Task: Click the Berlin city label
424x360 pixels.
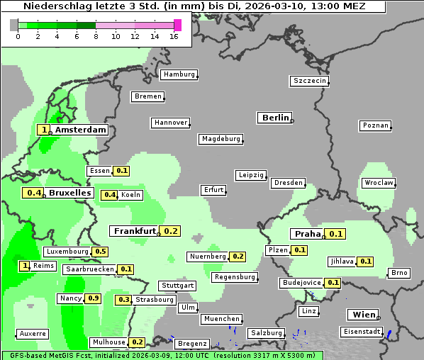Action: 275,118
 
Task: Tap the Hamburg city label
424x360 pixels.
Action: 178,74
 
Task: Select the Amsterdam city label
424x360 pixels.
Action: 80,130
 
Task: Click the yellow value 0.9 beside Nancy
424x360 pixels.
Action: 93,298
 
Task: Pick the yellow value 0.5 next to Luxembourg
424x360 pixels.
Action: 100,252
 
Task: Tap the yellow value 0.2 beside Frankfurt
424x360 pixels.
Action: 170,231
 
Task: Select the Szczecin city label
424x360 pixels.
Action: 310,81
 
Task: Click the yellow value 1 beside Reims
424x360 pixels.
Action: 26,266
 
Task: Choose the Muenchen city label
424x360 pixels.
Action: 221,319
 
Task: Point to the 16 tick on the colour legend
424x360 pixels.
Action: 174,36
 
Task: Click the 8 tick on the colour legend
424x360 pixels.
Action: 96,36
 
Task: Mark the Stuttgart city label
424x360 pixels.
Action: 177,286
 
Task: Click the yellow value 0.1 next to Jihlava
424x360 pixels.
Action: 365,261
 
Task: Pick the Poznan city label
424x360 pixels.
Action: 375,125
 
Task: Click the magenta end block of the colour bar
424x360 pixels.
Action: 177,25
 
